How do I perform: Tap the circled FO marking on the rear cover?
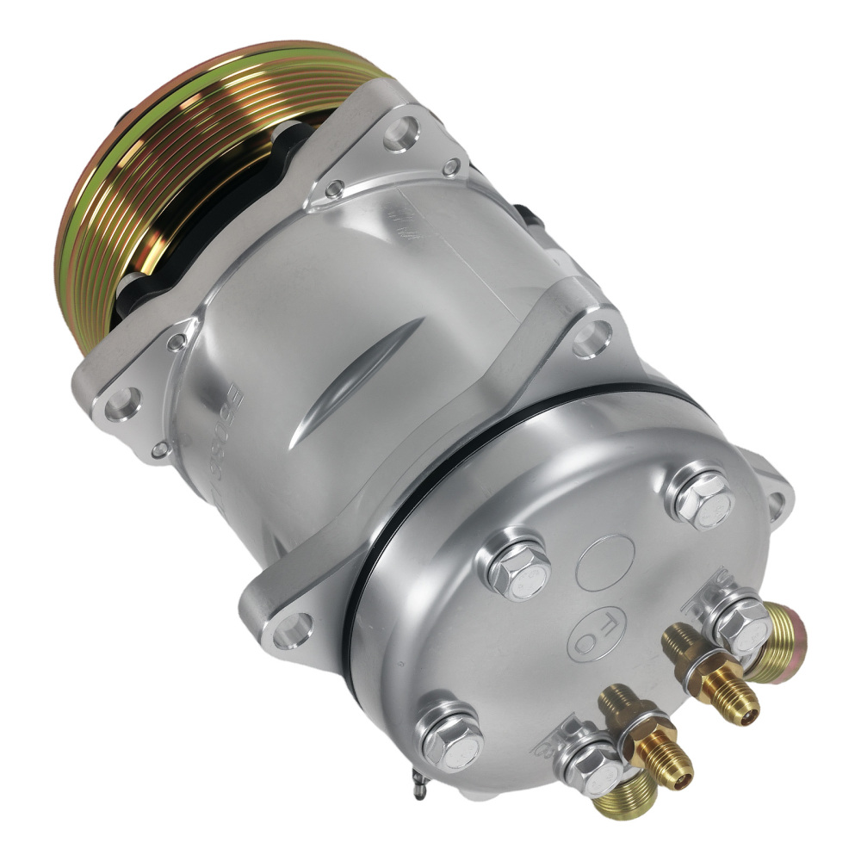[x=595, y=635]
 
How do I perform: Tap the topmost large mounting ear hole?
[x=401, y=133]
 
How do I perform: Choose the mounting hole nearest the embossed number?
[x=123, y=404]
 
